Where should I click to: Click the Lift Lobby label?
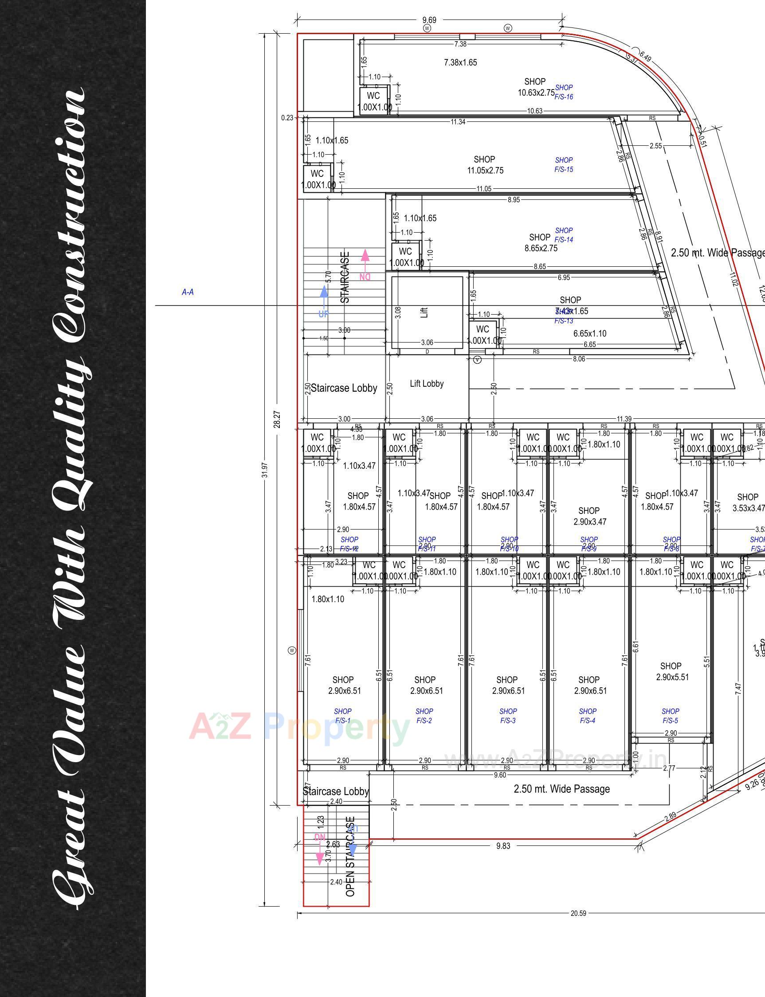(427, 384)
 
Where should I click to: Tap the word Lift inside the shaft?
(424, 312)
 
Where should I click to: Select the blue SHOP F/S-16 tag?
(564, 92)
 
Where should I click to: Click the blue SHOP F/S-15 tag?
(564, 165)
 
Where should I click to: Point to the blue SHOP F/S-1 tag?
(342, 716)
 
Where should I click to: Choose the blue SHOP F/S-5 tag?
(670, 716)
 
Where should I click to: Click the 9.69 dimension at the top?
(429, 20)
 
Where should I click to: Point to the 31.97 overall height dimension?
(265, 470)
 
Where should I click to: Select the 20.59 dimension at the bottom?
(578, 913)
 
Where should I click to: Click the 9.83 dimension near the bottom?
(503, 846)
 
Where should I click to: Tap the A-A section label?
(188, 292)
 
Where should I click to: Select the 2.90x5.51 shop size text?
(672, 677)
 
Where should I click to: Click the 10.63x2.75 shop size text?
(536, 93)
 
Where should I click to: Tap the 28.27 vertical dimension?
(277, 420)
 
